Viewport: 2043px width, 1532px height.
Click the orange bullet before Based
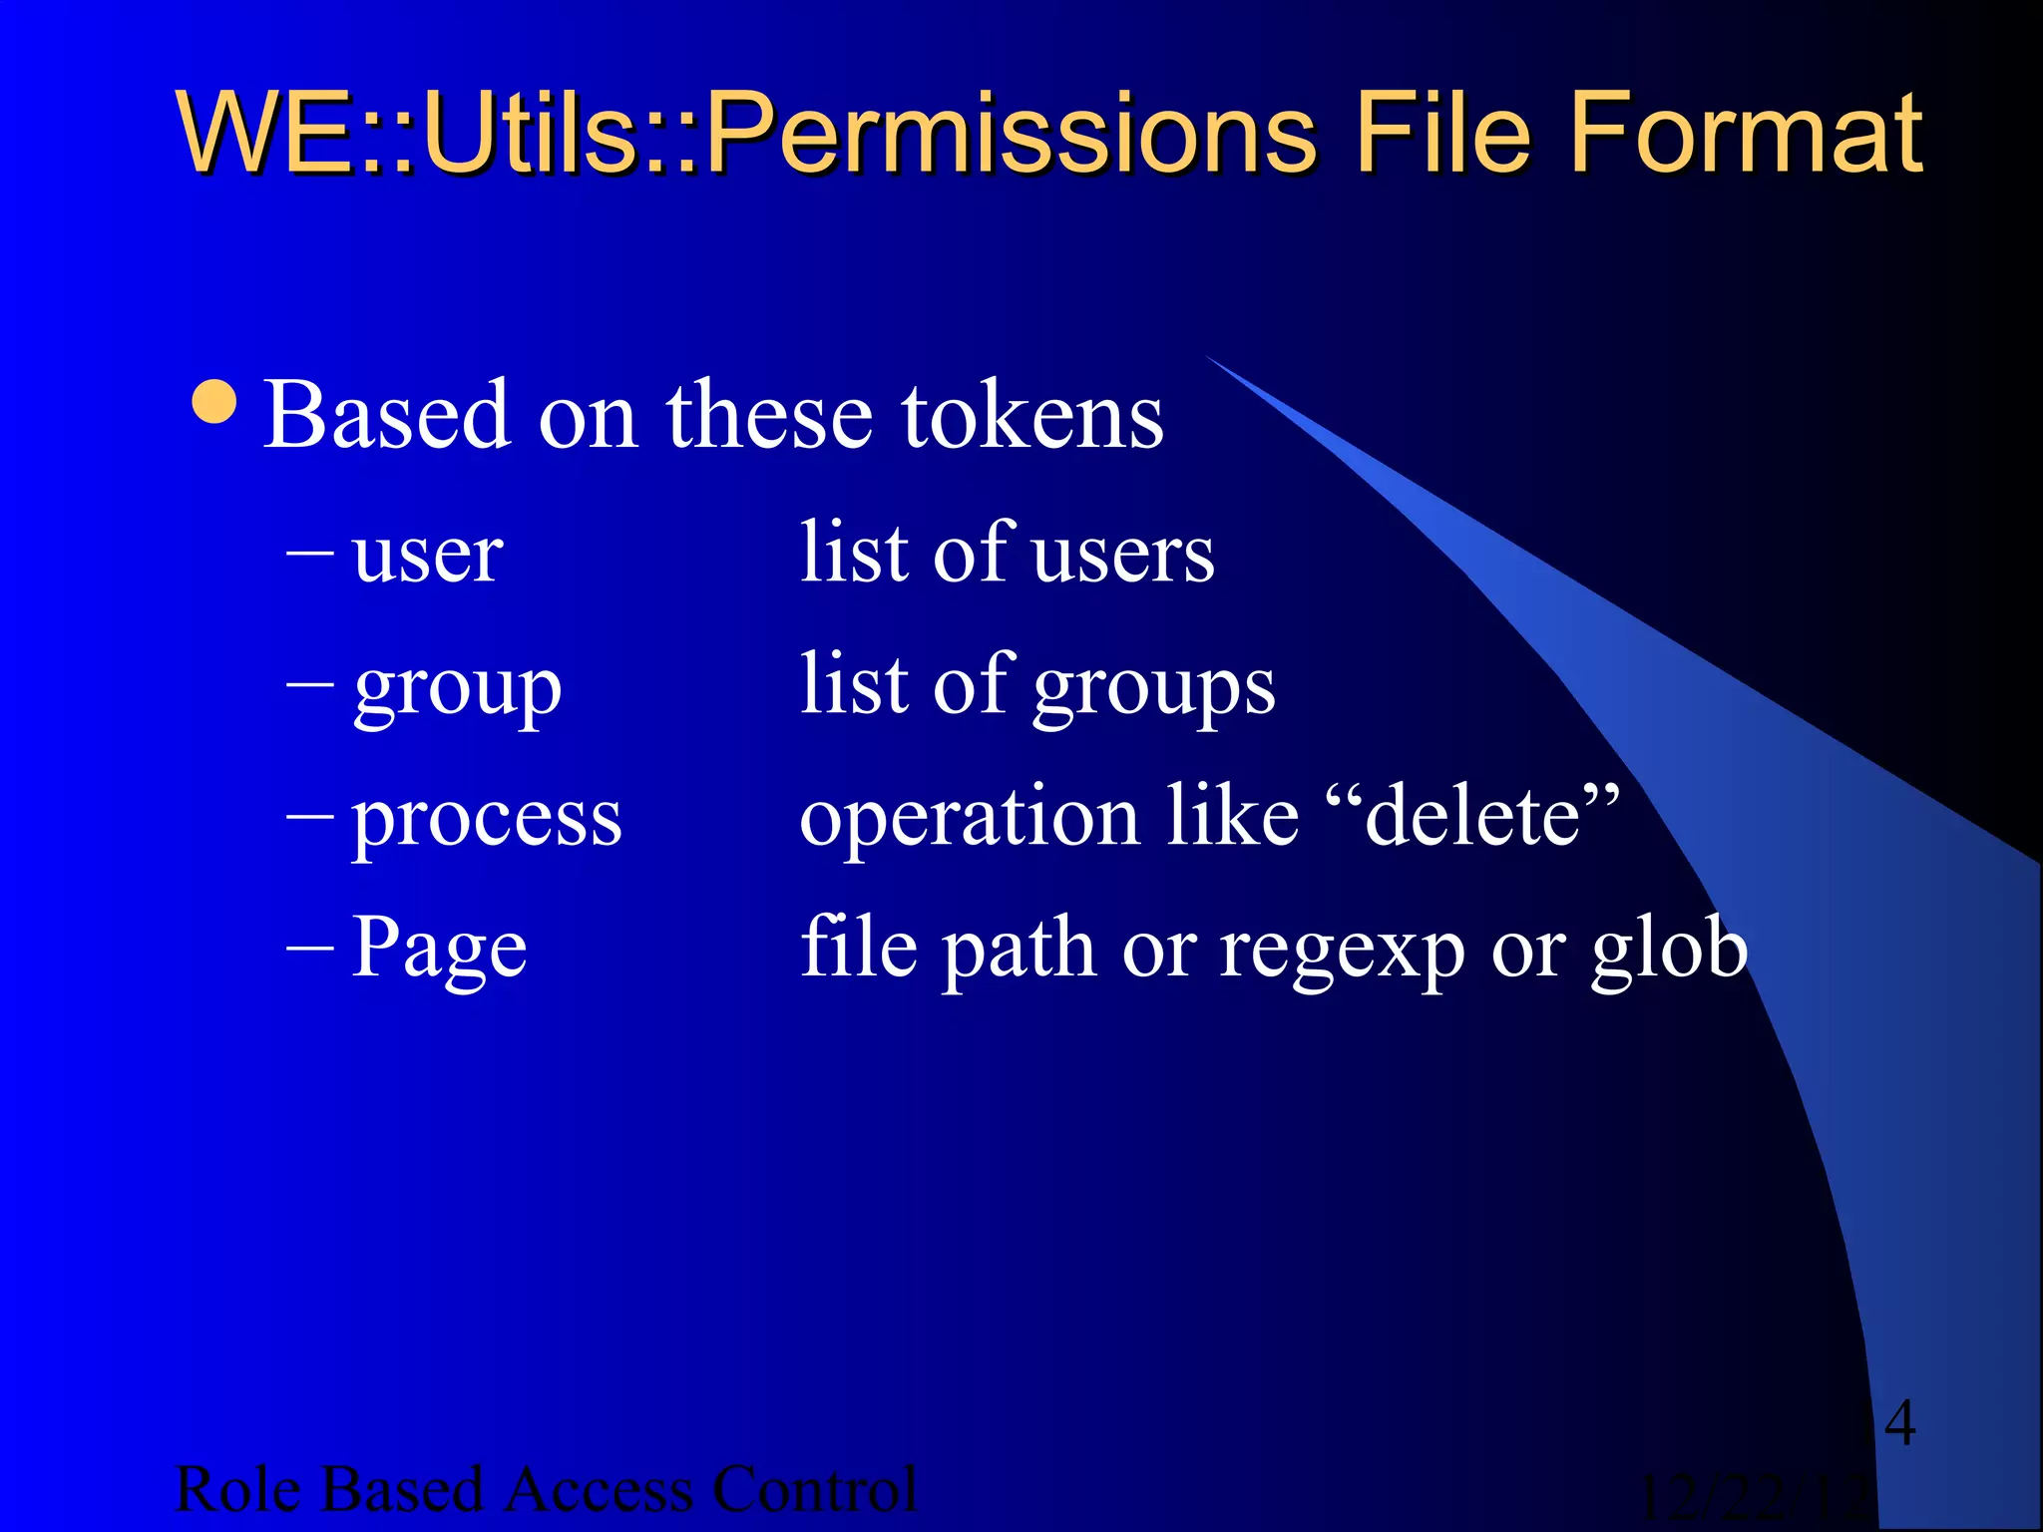pyautogui.click(x=214, y=401)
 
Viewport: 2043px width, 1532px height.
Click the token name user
pyautogui.click(x=427, y=555)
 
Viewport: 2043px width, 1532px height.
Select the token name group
pyautogui.click(x=458, y=688)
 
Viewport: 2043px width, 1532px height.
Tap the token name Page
pyautogui.click(x=439, y=949)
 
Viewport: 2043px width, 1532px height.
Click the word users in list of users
pyautogui.click(x=1123, y=555)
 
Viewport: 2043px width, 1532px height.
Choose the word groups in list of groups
pyautogui.click(x=1154, y=688)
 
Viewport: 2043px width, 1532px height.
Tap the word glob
pyautogui.click(x=1669, y=948)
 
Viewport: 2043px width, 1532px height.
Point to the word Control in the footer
pyautogui.click(x=814, y=1489)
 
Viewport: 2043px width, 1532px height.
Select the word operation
pyautogui.click(x=969, y=818)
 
